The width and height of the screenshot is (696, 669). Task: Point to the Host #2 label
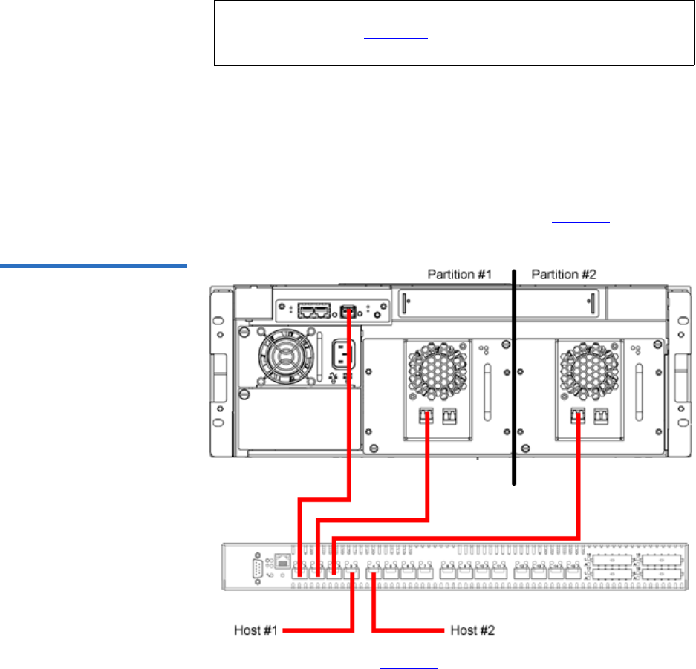click(x=473, y=631)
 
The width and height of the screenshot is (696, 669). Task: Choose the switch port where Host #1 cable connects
click(x=352, y=572)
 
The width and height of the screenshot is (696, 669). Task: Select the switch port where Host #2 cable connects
click(x=374, y=572)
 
